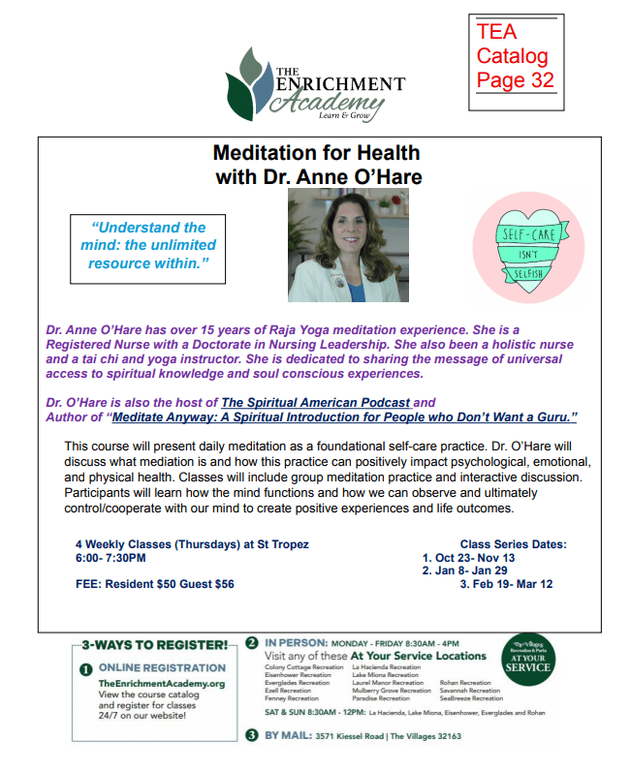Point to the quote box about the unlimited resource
147,245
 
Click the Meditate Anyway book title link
344,417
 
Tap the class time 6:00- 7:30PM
110,558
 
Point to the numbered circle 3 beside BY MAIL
252,735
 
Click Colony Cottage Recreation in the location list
300,667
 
